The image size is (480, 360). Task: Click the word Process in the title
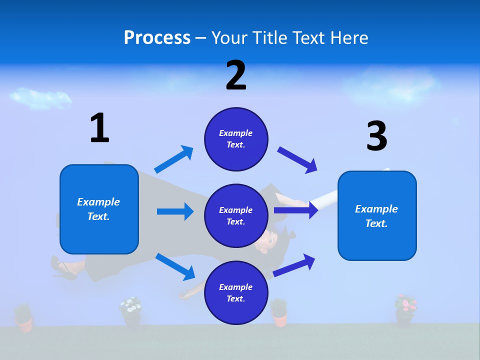click(x=157, y=37)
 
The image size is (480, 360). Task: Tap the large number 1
click(x=99, y=128)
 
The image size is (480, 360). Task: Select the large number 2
click(x=236, y=75)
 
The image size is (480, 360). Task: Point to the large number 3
click(x=376, y=136)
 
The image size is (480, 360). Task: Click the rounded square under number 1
click(x=99, y=209)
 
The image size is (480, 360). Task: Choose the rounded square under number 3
click(x=377, y=215)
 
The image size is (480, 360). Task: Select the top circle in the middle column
click(x=236, y=139)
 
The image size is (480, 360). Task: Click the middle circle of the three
click(x=236, y=215)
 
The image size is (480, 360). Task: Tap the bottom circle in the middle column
click(x=236, y=292)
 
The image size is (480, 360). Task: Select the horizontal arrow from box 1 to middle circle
click(x=175, y=211)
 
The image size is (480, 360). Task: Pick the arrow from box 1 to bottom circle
click(x=175, y=266)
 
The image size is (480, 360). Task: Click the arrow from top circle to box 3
click(x=297, y=160)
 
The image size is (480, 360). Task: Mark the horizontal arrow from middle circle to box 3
click(x=296, y=210)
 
